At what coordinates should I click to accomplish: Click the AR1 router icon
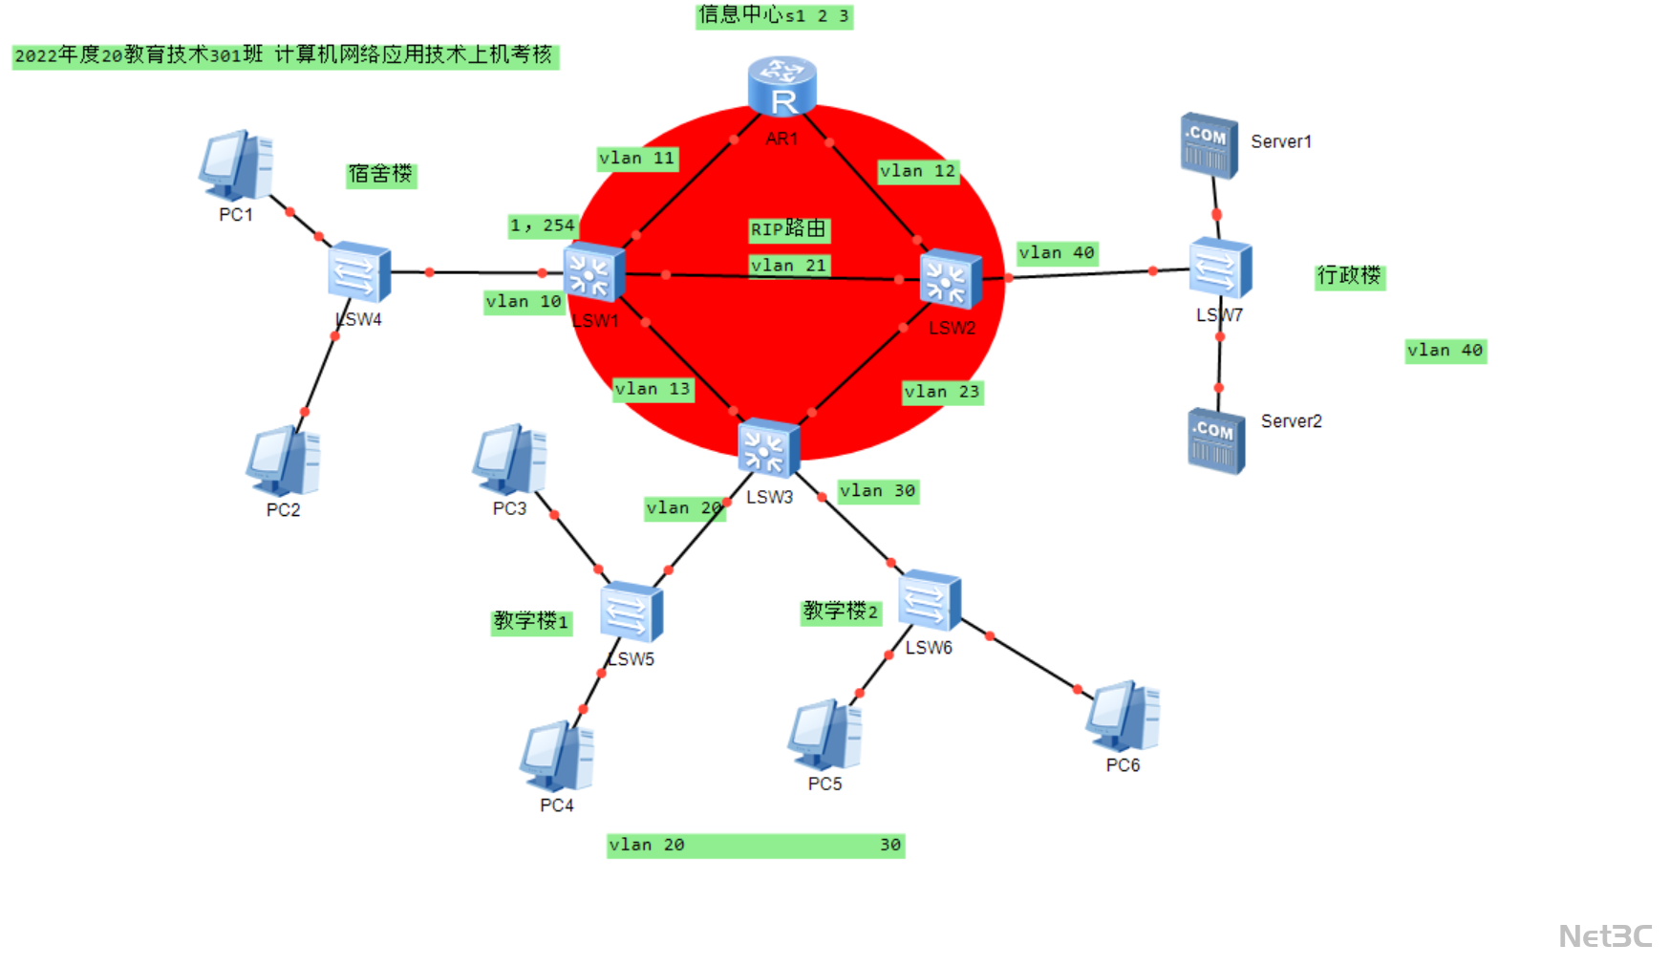click(781, 86)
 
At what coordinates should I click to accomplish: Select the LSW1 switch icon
click(593, 274)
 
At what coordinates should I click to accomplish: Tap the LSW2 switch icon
click(951, 280)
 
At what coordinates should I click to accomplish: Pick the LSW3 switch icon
click(768, 448)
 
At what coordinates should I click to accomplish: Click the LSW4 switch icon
click(358, 272)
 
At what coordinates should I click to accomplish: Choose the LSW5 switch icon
click(631, 612)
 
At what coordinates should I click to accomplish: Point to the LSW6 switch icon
click(929, 600)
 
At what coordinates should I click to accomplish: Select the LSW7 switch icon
click(1220, 268)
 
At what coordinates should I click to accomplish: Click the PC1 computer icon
click(236, 166)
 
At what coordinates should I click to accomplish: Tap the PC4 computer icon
click(557, 757)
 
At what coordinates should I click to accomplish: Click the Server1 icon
click(1209, 146)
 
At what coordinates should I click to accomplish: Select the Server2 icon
click(1216, 440)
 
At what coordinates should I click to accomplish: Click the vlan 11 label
click(637, 159)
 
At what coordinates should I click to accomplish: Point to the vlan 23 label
click(942, 392)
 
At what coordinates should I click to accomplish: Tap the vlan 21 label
click(788, 266)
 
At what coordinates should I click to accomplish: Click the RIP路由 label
click(788, 229)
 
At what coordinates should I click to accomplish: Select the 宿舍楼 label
click(380, 174)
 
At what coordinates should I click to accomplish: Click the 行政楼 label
click(1349, 276)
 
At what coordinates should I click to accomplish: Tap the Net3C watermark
click(1605, 935)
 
